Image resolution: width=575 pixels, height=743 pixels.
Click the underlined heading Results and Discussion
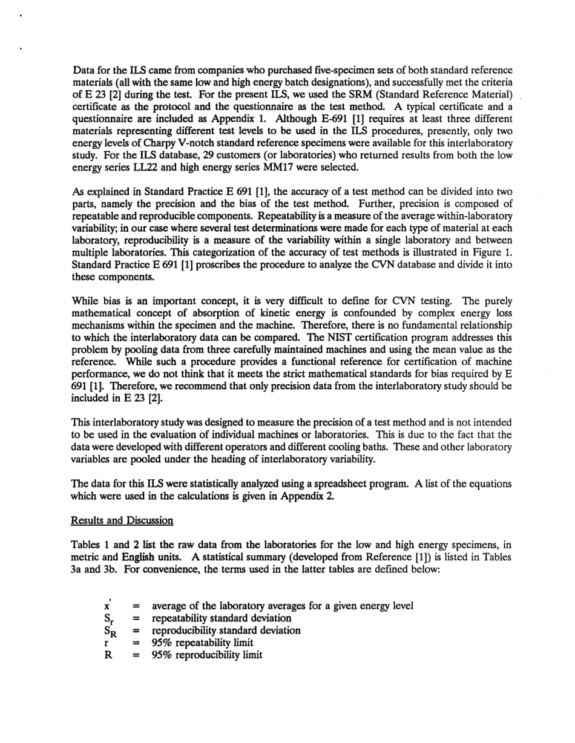tap(122, 520)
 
